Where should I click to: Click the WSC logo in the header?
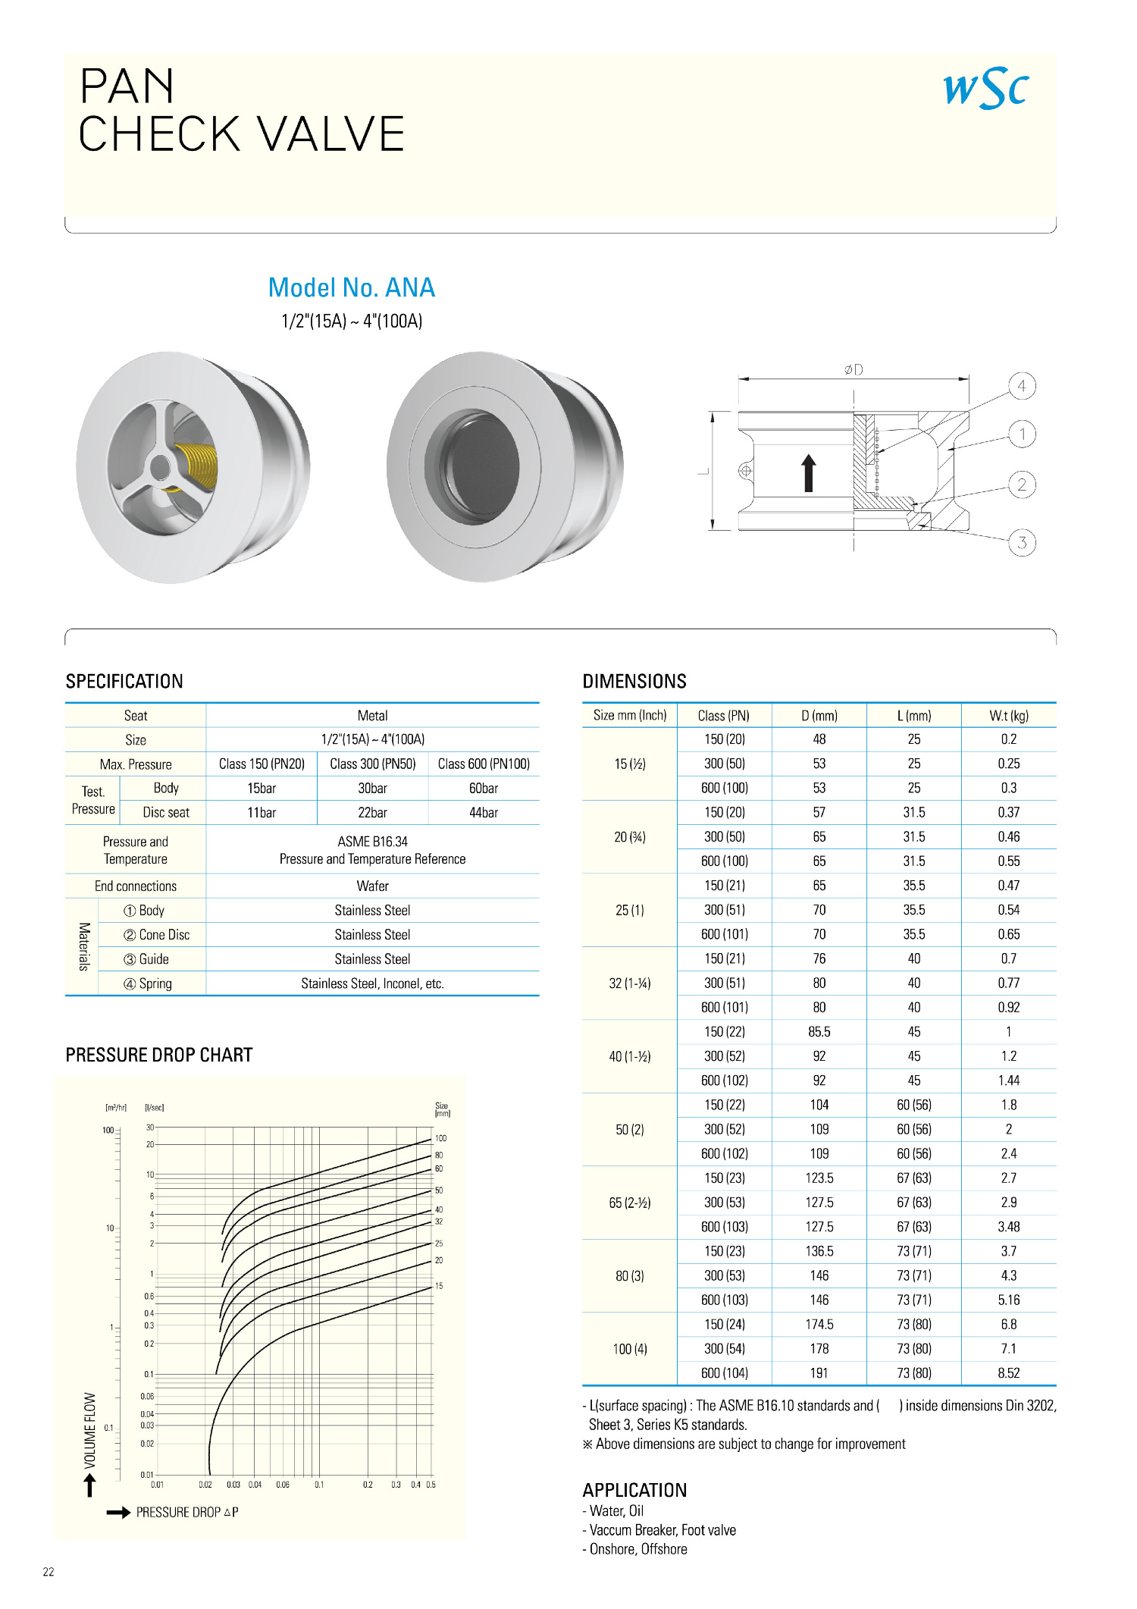coord(985,89)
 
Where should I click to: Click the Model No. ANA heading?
coord(352,288)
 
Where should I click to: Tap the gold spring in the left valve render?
coord(199,464)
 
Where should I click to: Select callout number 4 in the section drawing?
coord(1022,386)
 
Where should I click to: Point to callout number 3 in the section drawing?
coord(1022,542)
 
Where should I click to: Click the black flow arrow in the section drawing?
coord(809,473)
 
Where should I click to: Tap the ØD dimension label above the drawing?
coord(854,370)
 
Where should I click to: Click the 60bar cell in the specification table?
coord(484,789)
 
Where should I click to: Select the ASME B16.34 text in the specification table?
coord(372,842)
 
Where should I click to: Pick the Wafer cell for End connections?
coord(372,886)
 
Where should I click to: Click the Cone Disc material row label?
coord(157,935)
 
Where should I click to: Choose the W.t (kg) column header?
coord(1009,716)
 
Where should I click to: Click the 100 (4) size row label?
coord(630,1349)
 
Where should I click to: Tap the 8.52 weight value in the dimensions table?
coord(1009,1373)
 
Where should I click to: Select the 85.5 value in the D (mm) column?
coord(819,1032)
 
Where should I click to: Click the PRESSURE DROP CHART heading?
coord(159,1055)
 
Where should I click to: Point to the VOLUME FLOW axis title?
coord(90,1430)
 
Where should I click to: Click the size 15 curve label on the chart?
coord(439,1286)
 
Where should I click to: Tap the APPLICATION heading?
coord(634,1491)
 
